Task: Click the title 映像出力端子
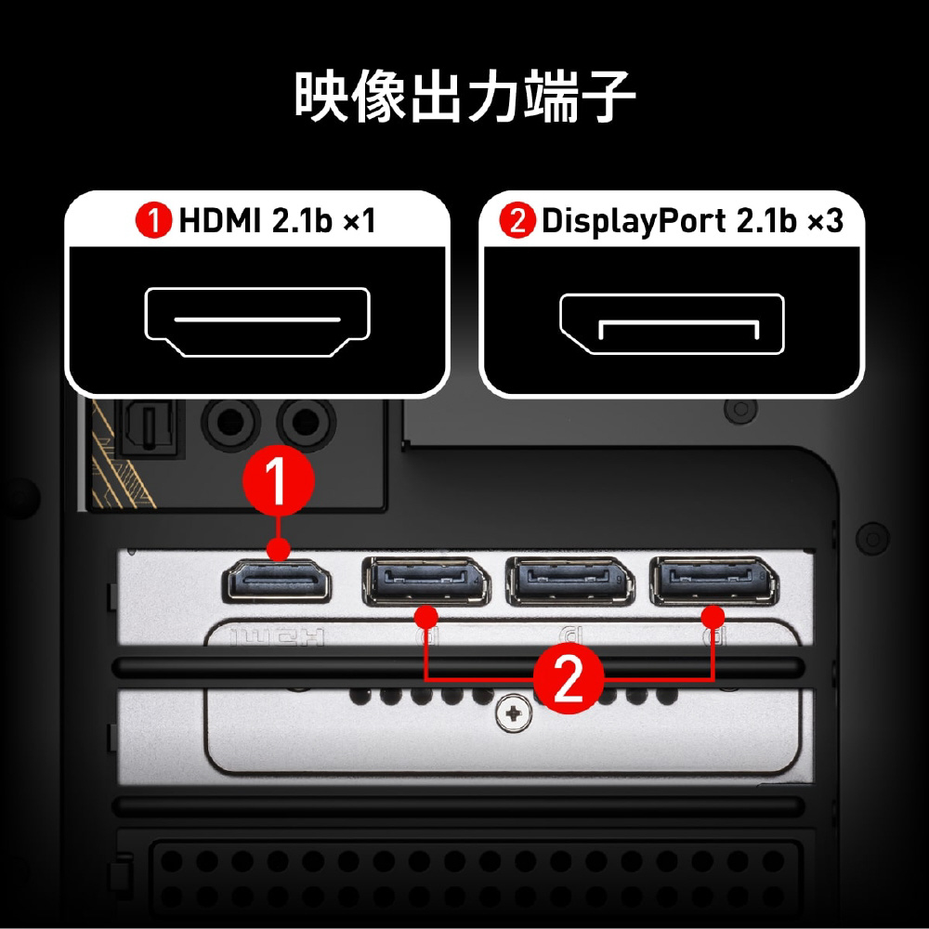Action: (x=465, y=97)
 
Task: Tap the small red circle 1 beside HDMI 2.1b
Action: (x=153, y=220)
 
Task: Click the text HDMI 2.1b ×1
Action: (x=277, y=220)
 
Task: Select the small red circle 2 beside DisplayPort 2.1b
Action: (x=517, y=220)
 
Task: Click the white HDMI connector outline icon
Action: (x=257, y=321)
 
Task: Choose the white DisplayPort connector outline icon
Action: (x=672, y=323)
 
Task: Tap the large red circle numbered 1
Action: (x=278, y=480)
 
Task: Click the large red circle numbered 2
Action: (x=569, y=678)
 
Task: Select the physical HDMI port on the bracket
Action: (x=276, y=581)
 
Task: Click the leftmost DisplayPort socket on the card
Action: (x=426, y=582)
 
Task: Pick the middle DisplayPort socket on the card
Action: (x=570, y=582)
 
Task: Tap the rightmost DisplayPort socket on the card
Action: (x=713, y=582)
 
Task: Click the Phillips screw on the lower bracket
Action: (x=513, y=713)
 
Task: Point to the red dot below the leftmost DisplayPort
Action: (x=426, y=617)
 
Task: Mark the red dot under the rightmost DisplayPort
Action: (x=713, y=617)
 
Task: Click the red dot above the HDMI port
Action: (x=278, y=549)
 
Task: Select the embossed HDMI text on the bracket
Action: (x=277, y=637)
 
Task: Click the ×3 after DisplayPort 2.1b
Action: (x=825, y=220)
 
